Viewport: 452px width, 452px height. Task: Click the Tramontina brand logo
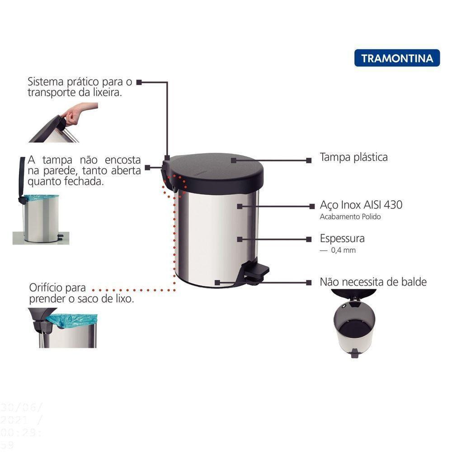tap(397, 58)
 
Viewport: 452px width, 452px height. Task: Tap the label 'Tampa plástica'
tap(353, 157)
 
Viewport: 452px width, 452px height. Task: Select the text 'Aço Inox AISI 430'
tap(361, 205)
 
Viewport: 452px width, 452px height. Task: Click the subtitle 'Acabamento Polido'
tap(350, 217)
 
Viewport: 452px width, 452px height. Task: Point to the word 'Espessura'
tap(342, 238)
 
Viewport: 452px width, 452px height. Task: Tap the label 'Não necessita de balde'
tap(373, 282)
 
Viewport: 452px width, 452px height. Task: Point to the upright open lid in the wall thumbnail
tap(22, 179)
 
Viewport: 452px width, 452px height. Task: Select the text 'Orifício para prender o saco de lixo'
tap(81, 293)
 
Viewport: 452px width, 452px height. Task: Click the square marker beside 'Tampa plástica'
tap(309, 160)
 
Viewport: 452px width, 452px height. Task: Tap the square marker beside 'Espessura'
tap(309, 239)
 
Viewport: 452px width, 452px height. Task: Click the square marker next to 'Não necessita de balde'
tap(309, 282)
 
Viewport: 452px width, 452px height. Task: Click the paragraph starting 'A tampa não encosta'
tap(84, 170)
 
